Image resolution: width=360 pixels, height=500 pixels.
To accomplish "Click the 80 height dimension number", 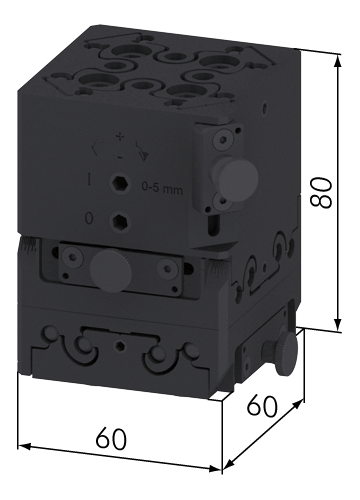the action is point(321,193).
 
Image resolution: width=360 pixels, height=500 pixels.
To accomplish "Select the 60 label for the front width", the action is point(111,439).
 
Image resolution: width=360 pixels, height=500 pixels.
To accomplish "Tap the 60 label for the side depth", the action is point(262,405).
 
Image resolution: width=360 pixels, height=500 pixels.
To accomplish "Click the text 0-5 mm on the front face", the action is point(162,190).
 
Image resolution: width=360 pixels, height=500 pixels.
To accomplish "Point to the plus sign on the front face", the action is point(119,136).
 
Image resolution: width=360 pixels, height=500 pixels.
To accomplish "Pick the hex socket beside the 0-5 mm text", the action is point(119,183).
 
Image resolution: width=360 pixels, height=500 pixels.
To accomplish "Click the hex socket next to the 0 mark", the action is point(119,221).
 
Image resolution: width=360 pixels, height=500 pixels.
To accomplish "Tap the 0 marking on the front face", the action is point(89,218).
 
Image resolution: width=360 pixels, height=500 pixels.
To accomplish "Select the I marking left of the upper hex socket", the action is point(89,179).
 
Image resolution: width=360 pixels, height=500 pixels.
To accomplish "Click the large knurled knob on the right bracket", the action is point(238,177).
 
